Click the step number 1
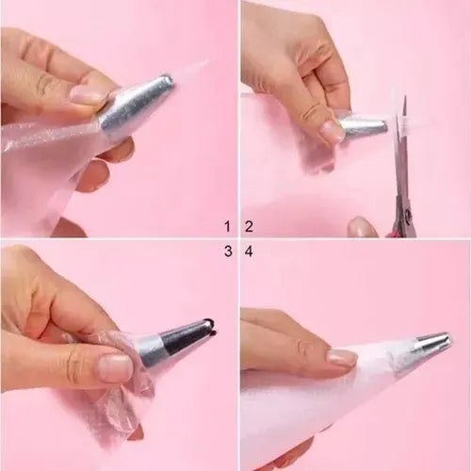tap(227, 226)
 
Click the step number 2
tap(249, 226)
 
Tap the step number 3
tap(228, 252)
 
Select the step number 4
tap(249, 252)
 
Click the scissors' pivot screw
tap(409, 215)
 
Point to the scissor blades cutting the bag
tap(402, 148)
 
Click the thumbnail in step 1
tap(86, 93)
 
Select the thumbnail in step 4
tap(342, 359)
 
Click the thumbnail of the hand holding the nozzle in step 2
tap(333, 130)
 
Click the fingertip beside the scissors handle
tap(361, 227)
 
